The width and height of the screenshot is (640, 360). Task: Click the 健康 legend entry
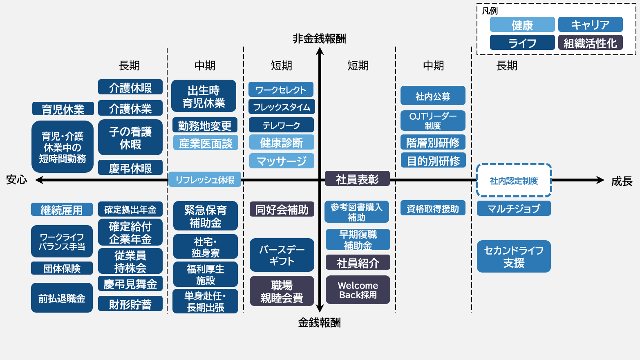pyautogui.click(x=522, y=25)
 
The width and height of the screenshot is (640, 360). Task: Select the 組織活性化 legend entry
pyautogui.click(x=590, y=42)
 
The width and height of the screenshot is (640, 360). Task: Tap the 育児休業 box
pyautogui.click(x=63, y=109)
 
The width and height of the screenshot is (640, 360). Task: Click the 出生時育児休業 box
pyautogui.click(x=204, y=96)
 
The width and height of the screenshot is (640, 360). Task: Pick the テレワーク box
pyautogui.click(x=281, y=125)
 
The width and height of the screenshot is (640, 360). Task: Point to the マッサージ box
pyautogui.click(x=282, y=161)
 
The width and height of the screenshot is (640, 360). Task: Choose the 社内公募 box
pyautogui.click(x=433, y=96)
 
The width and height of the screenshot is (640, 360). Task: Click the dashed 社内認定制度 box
pyautogui.click(x=514, y=180)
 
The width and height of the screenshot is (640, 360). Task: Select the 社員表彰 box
pyautogui.click(x=357, y=179)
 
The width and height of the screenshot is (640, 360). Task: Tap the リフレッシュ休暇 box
pyautogui.click(x=205, y=180)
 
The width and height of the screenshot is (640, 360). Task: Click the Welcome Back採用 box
pyautogui.click(x=358, y=290)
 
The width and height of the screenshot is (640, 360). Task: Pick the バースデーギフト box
pyautogui.click(x=282, y=255)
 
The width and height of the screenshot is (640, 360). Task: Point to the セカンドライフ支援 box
pyautogui.click(x=513, y=256)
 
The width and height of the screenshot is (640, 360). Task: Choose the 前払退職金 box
pyautogui.click(x=62, y=298)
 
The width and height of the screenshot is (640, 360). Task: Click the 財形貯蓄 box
pyautogui.click(x=130, y=304)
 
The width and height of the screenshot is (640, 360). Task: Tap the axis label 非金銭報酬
pyautogui.click(x=319, y=39)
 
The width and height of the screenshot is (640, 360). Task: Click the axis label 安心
pyautogui.click(x=17, y=180)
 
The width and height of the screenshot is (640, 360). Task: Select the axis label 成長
pyautogui.click(x=622, y=181)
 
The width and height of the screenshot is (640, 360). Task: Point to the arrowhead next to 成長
pyautogui.click(x=600, y=180)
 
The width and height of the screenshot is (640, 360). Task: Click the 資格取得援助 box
pyautogui.click(x=433, y=208)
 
